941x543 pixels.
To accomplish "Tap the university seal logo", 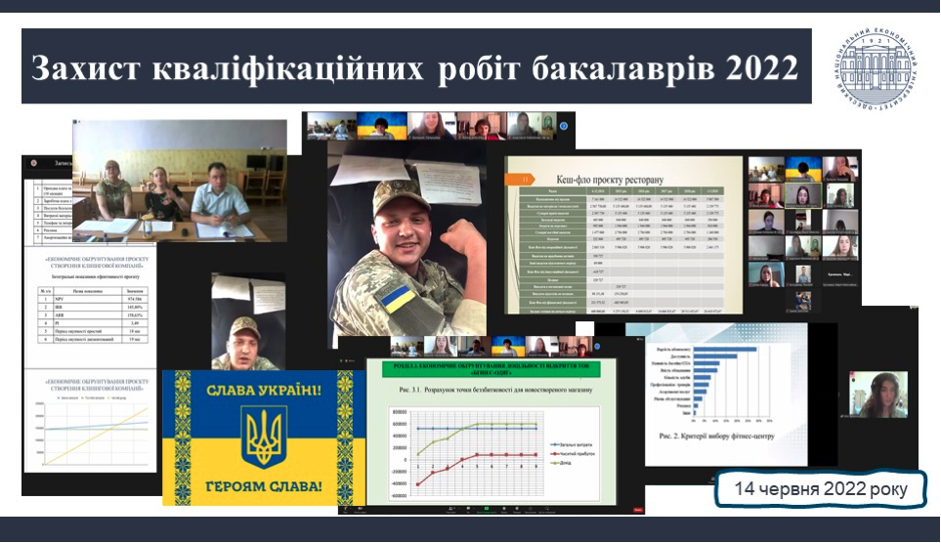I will [x=877, y=67].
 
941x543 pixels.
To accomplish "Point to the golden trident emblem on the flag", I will [x=264, y=436].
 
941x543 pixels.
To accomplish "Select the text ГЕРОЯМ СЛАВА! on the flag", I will [x=264, y=484].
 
